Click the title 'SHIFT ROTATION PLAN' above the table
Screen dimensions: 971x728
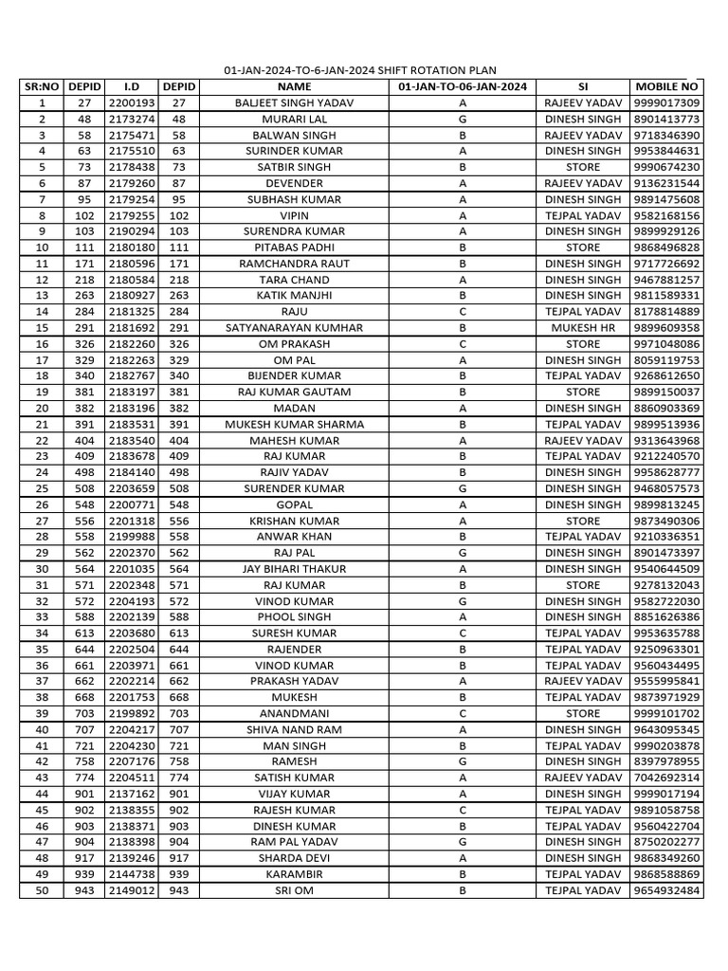coord(359,71)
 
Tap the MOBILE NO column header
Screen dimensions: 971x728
coord(666,86)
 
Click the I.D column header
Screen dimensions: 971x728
coord(132,86)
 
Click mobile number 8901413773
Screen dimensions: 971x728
coord(666,119)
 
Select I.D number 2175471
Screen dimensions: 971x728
coord(132,135)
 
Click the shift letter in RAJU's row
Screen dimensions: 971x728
coord(463,311)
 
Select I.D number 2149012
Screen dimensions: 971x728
coord(132,890)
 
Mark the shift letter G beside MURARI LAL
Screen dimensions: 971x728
coord(463,119)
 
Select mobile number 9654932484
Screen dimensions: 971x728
coord(666,890)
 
